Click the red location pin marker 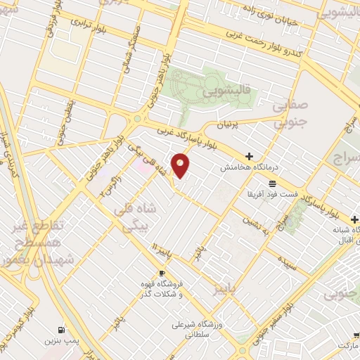point(181,165)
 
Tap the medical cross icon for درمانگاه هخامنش point(250,156)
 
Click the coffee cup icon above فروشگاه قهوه point(162,273)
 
